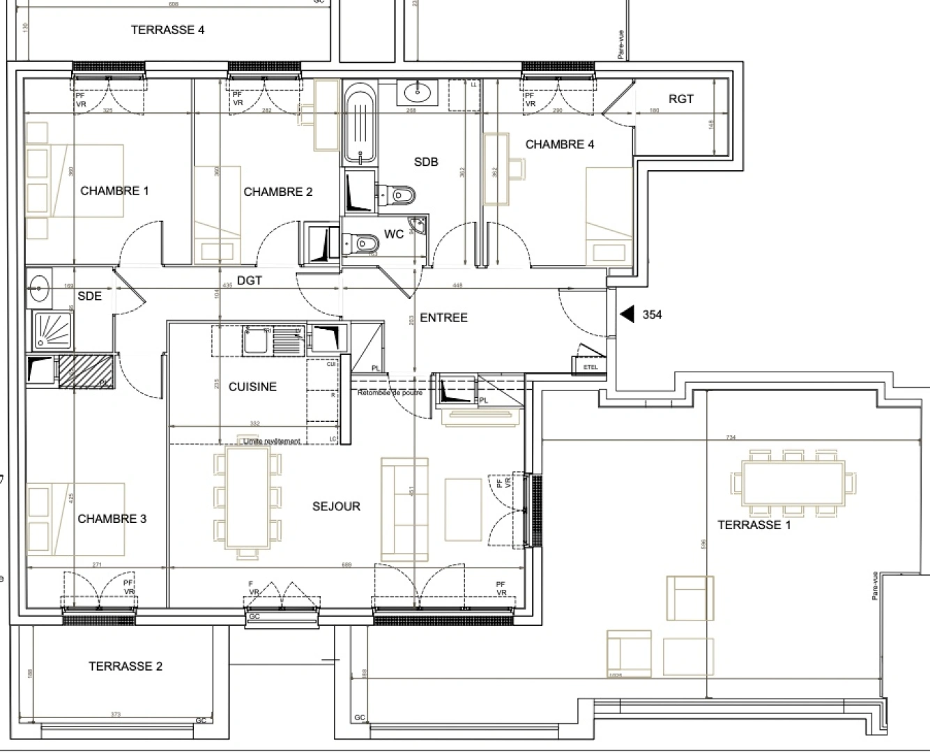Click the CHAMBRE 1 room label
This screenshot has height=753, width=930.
coord(114,190)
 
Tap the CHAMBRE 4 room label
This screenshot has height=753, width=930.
coord(559,144)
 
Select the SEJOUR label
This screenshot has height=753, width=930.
coord(336,506)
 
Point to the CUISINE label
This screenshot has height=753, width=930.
coord(252,386)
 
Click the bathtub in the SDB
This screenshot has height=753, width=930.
coord(360,123)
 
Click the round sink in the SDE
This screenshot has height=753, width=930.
coord(39,284)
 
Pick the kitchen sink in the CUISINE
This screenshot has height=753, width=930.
coord(255,341)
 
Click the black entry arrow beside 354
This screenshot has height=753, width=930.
coord(627,314)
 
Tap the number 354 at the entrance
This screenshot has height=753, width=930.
coord(652,314)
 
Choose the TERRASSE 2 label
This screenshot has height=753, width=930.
coord(125,666)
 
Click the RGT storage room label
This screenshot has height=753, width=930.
coord(681,99)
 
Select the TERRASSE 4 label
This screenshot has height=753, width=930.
coord(167,30)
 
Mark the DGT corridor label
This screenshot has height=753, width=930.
coord(249,280)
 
